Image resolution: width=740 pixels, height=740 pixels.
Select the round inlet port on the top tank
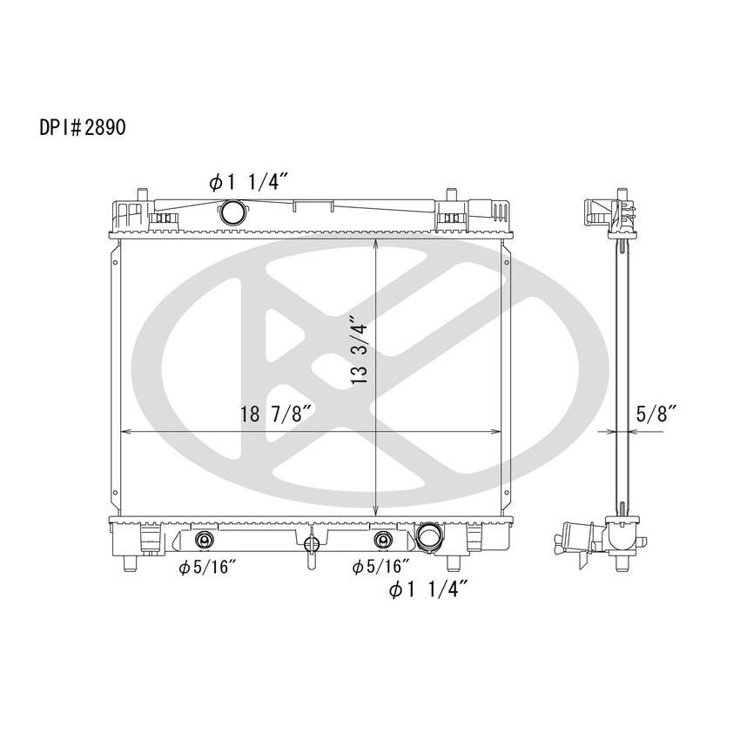[x=233, y=211]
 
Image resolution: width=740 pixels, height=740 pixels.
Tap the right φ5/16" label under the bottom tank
[x=379, y=567]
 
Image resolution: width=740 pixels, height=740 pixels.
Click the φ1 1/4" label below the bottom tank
[x=430, y=591]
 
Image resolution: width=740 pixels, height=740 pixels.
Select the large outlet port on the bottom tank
[x=428, y=537]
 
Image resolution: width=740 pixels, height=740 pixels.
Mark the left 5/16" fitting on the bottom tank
[x=204, y=540]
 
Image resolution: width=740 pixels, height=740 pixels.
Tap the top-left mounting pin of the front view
[x=140, y=193]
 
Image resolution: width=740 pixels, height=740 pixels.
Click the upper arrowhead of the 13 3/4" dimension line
[x=375, y=244]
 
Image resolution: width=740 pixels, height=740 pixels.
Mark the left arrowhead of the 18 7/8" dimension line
[x=124, y=432]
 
